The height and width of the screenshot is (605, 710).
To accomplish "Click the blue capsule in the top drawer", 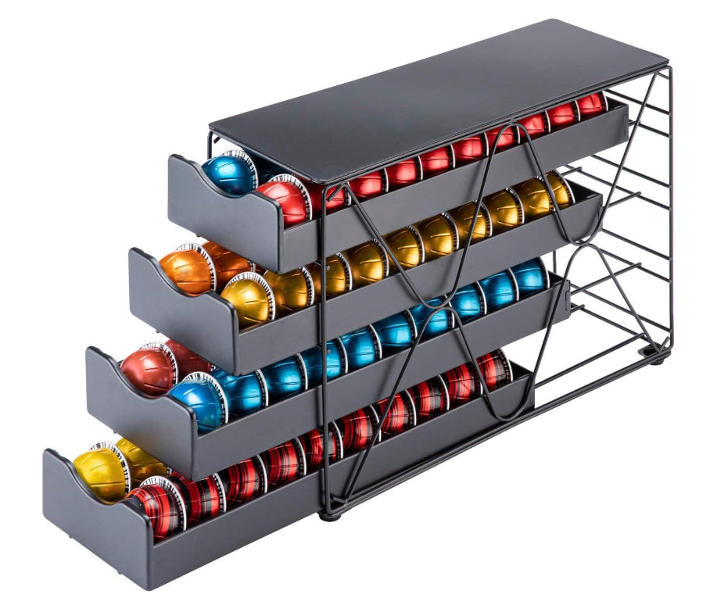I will (x=229, y=174).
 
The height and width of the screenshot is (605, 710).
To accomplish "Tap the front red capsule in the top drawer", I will (x=281, y=202).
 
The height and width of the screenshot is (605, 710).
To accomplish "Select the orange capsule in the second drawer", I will (x=188, y=270).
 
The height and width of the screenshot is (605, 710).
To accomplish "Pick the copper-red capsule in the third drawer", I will (x=149, y=369).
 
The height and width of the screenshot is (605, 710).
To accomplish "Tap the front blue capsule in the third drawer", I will (x=195, y=403).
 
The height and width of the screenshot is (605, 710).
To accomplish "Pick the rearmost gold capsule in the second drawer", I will (x=557, y=190).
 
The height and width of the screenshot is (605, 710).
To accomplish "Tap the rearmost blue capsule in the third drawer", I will (x=530, y=275).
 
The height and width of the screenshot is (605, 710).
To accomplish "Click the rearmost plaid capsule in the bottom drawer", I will (x=494, y=367).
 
